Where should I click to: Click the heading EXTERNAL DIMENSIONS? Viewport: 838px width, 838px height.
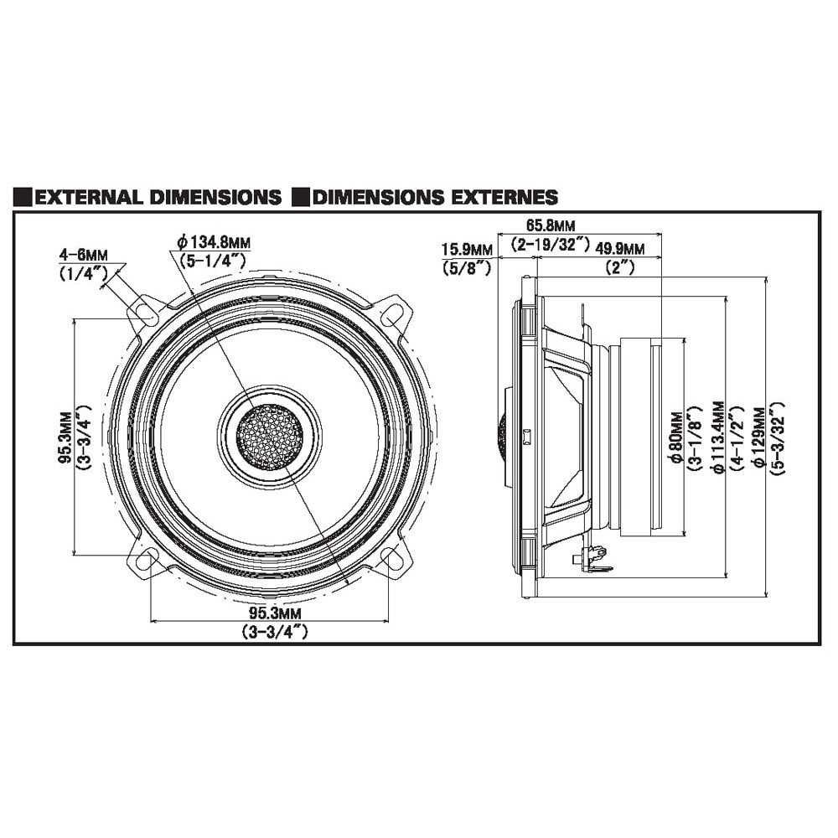[159, 198]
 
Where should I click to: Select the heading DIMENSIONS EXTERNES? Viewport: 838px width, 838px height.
[435, 198]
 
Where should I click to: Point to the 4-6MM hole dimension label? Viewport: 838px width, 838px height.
[83, 254]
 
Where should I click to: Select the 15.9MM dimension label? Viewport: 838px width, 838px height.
[468, 249]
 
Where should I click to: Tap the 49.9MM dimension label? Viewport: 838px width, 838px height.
[620, 249]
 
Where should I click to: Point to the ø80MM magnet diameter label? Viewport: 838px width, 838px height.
[675, 437]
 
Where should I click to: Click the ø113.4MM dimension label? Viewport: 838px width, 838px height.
[717, 437]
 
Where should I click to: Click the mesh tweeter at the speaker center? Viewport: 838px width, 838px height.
[269, 437]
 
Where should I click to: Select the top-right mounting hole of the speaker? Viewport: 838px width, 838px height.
[391, 316]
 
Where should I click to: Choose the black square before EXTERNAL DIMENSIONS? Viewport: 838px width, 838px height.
[23, 198]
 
